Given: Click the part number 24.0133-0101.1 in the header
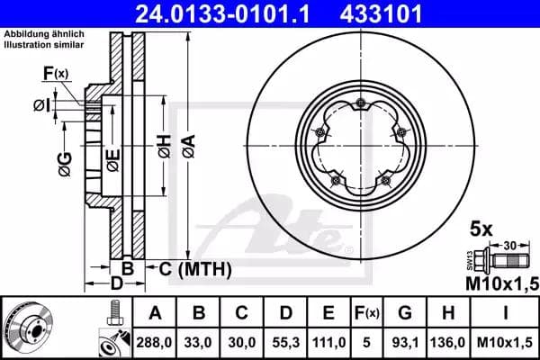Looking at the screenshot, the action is [x=223, y=13].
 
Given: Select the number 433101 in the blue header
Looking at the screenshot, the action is [x=381, y=13].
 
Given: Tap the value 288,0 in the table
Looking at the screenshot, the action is [x=154, y=342].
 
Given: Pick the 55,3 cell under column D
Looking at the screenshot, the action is [x=286, y=342].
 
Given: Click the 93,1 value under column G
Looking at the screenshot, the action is [x=405, y=342].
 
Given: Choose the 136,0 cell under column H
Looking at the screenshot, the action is [x=447, y=342].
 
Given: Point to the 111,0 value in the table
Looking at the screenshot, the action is [x=328, y=342].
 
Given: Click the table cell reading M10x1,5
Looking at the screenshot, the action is [x=505, y=342].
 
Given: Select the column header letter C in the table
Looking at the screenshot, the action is [x=241, y=313].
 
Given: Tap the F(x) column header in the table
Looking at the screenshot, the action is [x=367, y=313].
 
